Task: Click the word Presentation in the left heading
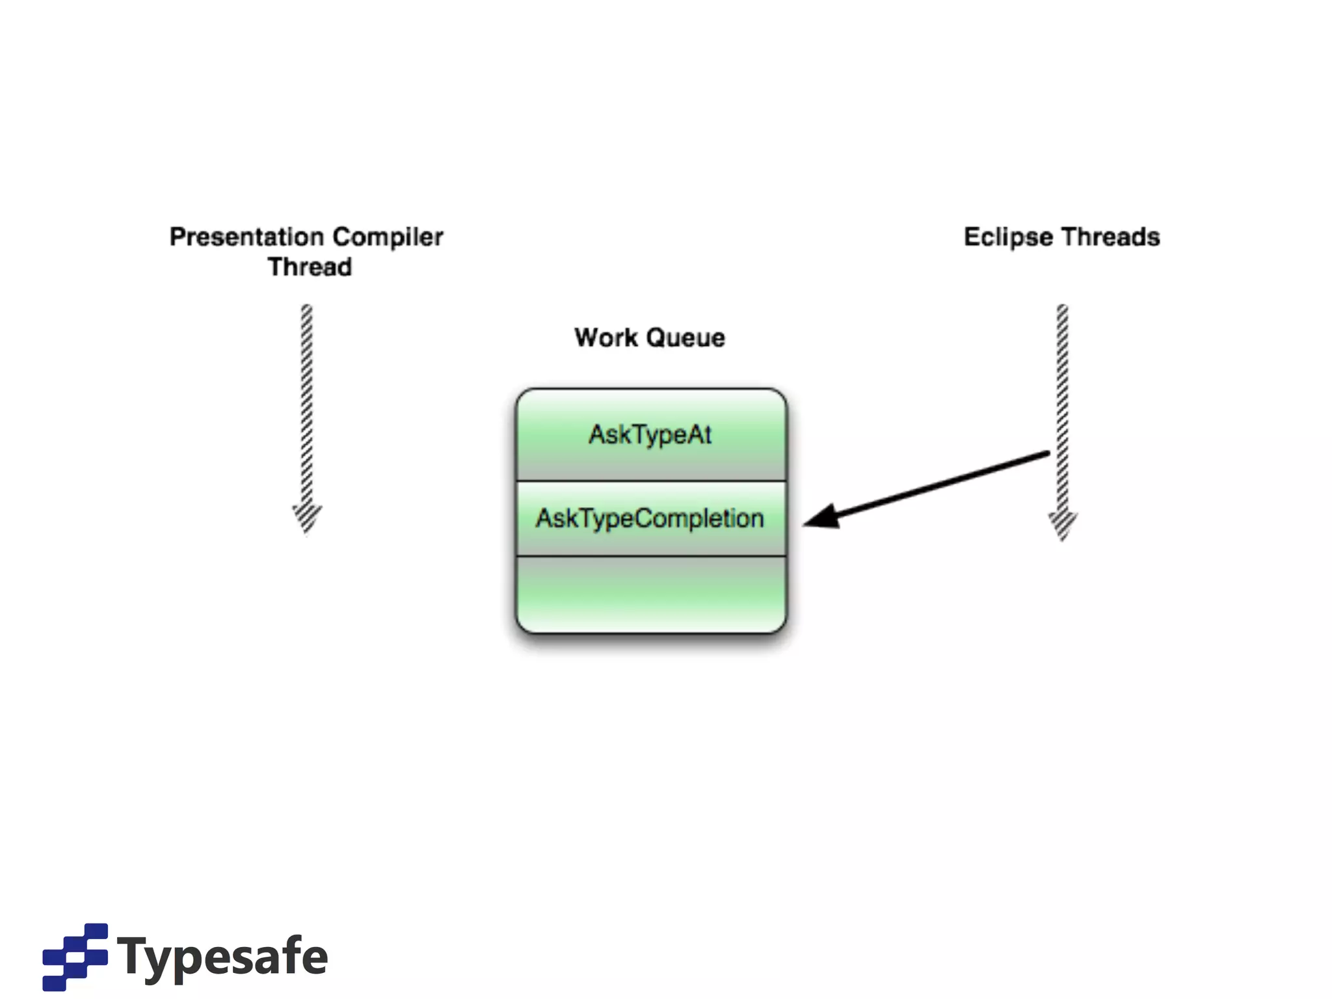click(246, 237)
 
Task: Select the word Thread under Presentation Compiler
click(310, 267)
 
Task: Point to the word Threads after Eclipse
click(1112, 237)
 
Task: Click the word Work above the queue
click(606, 338)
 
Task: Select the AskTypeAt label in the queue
click(650, 434)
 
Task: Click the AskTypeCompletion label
click(650, 519)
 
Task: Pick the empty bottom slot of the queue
click(650, 593)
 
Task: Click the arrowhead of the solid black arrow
click(821, 517)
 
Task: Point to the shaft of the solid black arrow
click(943, 485)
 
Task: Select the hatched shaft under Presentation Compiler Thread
click(306, 403)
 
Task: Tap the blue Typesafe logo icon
click(75, 957)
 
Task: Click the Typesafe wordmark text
click(222, 957)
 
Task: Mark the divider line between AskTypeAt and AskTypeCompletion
click(650, 481)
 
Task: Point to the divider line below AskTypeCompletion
click(650, 556)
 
